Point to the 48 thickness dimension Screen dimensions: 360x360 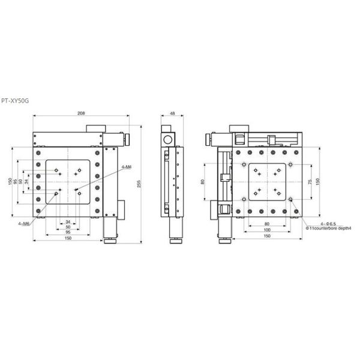[x=172, y=113]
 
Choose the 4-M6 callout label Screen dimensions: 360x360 [x=25, y=224]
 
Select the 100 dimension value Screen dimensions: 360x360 [x=266, y=230]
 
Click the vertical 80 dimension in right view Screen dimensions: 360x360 [x=203, y=182]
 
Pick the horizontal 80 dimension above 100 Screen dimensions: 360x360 [x=266, y=224]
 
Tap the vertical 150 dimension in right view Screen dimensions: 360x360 [x=319, y=182]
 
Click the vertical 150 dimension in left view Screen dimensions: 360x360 [x=10, y=182]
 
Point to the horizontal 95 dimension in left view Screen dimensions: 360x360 [x=67, y=233]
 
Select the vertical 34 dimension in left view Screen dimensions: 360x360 [x=27, y=182]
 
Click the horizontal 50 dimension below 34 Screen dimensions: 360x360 [x=67, y=227]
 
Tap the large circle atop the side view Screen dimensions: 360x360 [x=167, y=139]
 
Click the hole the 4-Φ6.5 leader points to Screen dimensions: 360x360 [x=290, y=200]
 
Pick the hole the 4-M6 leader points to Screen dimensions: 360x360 [x=57, y=193]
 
